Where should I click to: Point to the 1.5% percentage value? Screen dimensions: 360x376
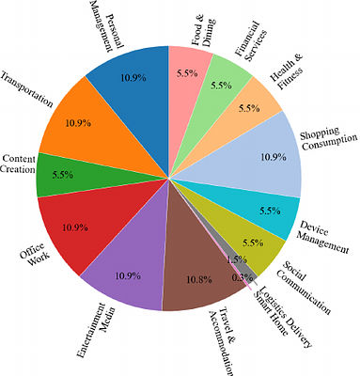tap(237, 259)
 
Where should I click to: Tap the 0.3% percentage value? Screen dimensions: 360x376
tap(242, 278)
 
